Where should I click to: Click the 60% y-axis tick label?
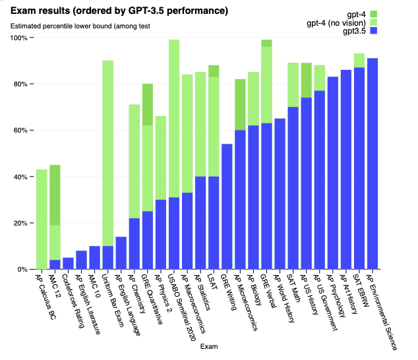pos(20,131)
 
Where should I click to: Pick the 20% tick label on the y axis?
pos(20,224)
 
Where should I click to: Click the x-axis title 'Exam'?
pos(209,346)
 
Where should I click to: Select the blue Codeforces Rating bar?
pos(69,263)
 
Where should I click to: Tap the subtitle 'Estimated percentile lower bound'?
pos(79,26)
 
